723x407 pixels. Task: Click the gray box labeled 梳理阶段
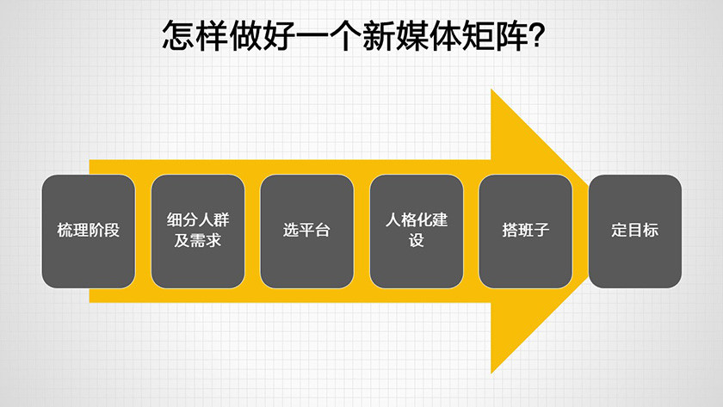pyautogui.click(x=88, y=231)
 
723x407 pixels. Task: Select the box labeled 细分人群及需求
pyautogui.click(x=197, y=231)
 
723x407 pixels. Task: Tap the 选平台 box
pyautogui.click(x=306, y=231)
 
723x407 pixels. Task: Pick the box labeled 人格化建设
pyautogui.click(x=417, y=231)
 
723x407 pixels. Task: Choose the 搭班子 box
pyautogui.click(x=525, y=231)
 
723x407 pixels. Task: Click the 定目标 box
pyautogui.click(x=634, y=231)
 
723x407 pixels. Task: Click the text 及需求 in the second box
pyautogui.click(x=197, y=240)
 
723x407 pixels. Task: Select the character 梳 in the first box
pyautogui.click(x=65, y=231)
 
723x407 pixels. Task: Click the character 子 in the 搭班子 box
pyautogui.click(x=541, y=231)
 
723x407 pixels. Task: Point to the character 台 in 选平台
pyautogui.click(x=323, y=231)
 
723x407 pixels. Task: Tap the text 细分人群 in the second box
pyautogui.click(x=197, y=220)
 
